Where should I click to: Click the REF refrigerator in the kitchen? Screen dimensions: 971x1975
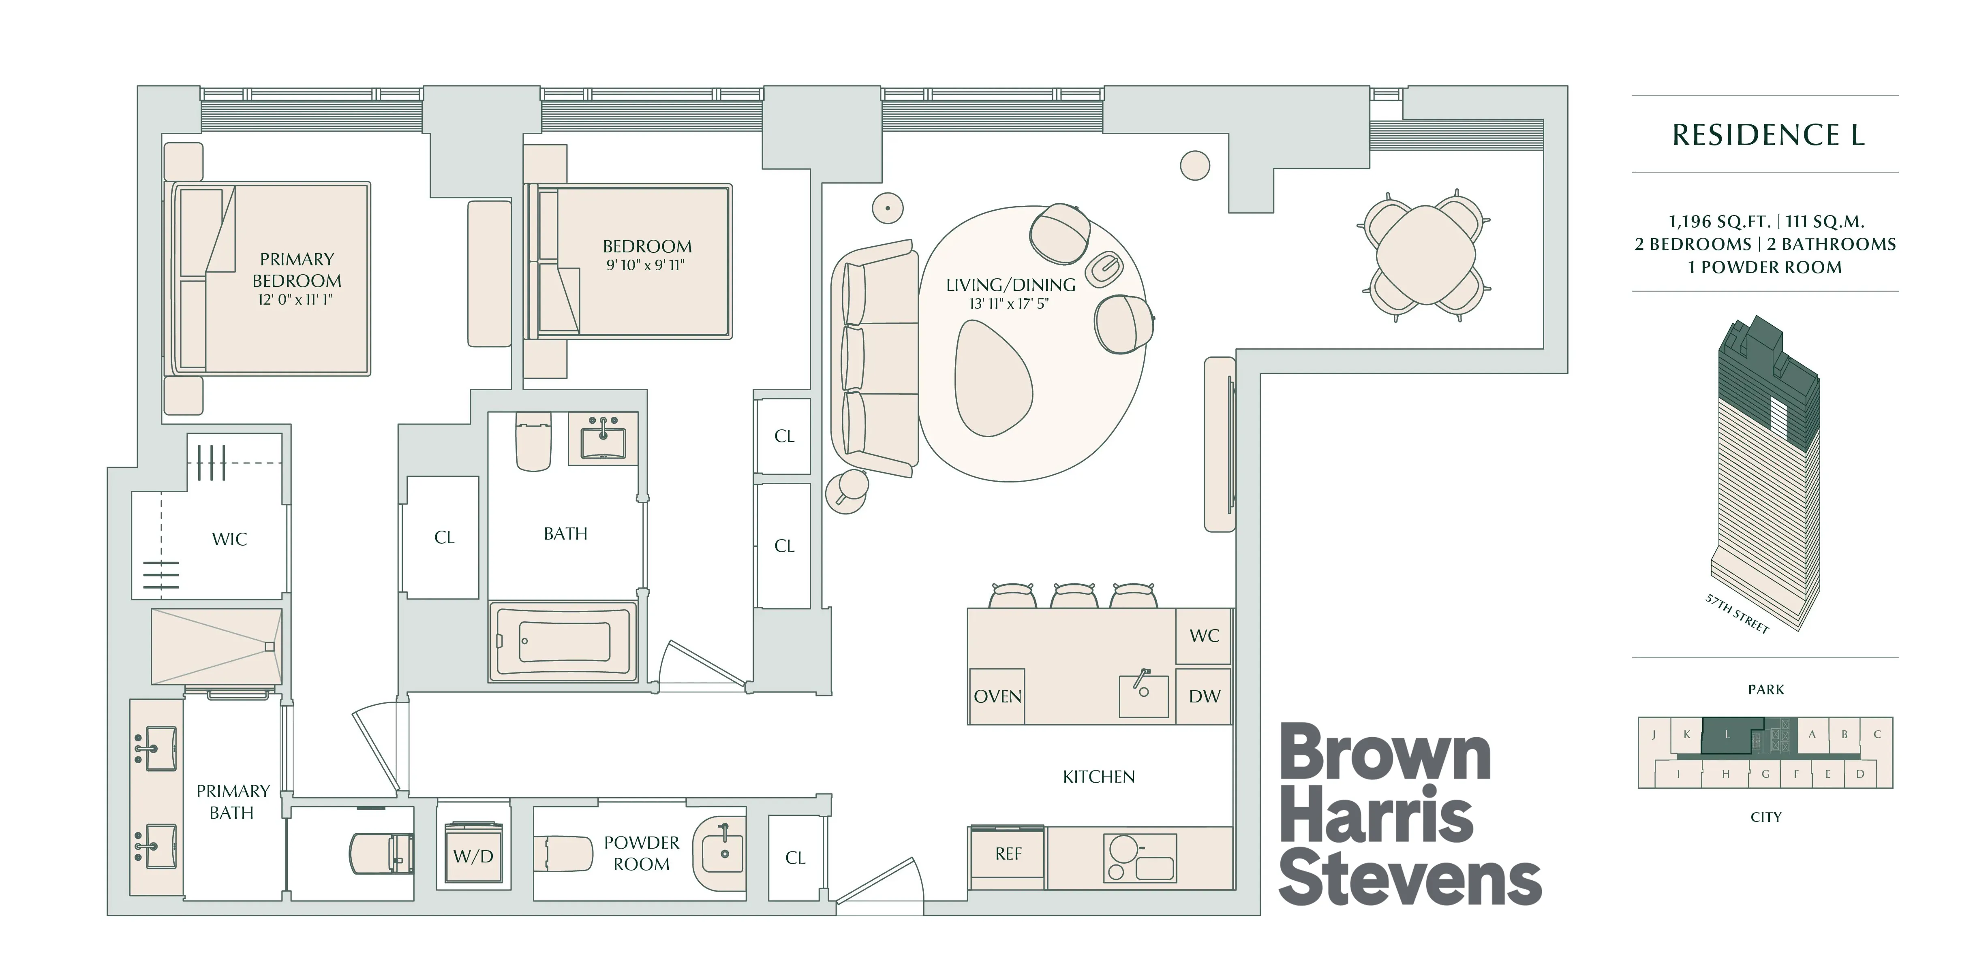click(x=1008, y=854)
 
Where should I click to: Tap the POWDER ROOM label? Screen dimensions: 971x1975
click(x=641, y=853)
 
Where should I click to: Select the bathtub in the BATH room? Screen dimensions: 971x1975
click(x=563, y=641)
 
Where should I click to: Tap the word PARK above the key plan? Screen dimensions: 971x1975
click(x=1766, y=690)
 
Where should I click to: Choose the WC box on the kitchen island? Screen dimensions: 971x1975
click(x=1204, y=635)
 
